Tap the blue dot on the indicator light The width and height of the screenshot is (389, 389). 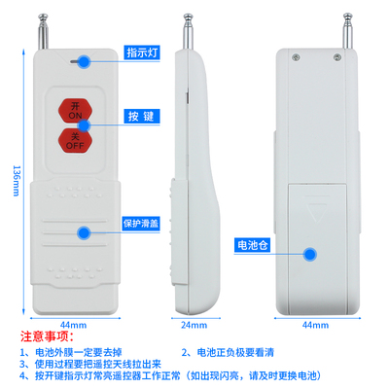coord(85,61)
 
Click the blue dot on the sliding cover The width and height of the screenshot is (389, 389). coord(85,233)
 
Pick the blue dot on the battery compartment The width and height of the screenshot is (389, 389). coord(311,255)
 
